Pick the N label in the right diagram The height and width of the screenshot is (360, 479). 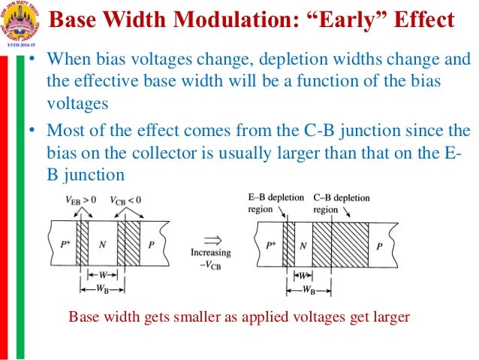coord(302,245)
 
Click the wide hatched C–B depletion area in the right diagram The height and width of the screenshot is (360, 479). coord(340,244)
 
